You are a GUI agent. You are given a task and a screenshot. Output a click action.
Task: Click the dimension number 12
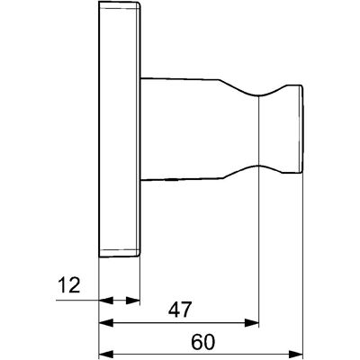click(x=69, y=285)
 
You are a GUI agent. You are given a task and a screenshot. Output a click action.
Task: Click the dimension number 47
click(x=180, y=310)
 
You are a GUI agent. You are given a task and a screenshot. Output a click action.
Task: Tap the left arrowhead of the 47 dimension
click(x=106, y=323)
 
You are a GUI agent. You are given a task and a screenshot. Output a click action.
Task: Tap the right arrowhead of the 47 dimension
click(x=252, y=323)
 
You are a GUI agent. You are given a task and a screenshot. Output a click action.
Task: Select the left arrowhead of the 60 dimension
click(x=106, y=353)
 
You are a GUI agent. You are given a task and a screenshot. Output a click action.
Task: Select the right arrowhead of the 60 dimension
click(x=296, y=353)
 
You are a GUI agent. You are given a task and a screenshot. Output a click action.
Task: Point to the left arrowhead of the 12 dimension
click(x=106, y=300)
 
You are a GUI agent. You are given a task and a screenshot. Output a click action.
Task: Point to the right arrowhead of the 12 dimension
click(x=133, y=300)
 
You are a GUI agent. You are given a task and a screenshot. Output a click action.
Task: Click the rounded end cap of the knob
click(x=301, y=130)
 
